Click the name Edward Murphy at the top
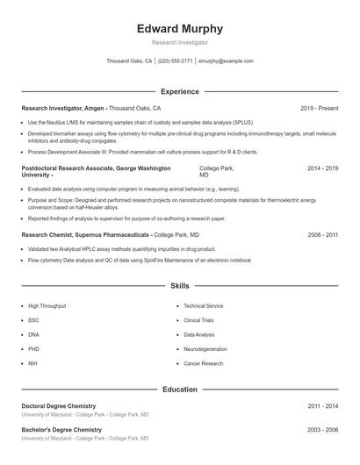[179, 29]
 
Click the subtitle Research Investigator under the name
[179, 42]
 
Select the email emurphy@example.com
[226, 61]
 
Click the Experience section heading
[179, 91]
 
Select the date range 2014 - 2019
[322, 168]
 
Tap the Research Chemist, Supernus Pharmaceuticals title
[86, 235]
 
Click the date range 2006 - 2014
[322, 235]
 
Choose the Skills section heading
[179, 286]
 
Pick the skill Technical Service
[203, 306]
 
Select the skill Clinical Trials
[199, 320]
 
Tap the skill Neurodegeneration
[205, 348]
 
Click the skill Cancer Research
[203, 362]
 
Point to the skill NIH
[32, 362]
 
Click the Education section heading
[179, 390]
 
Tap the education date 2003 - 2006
[322, 430]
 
